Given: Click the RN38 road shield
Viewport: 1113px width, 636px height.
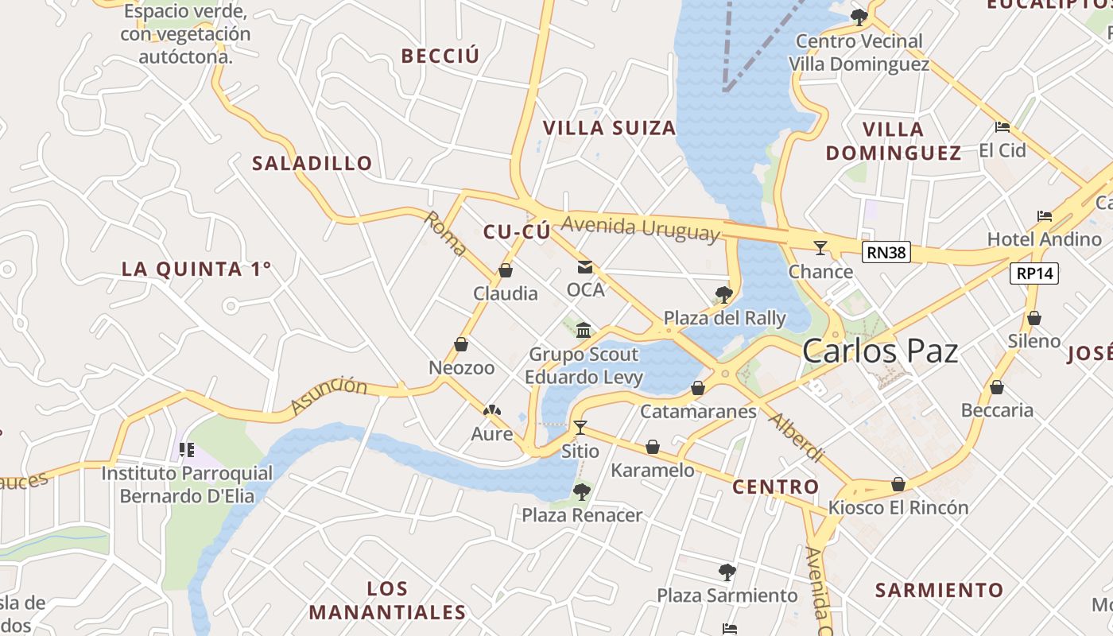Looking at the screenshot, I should (x=886, y=253).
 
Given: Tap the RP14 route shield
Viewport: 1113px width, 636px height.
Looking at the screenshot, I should (x=1034, y=273).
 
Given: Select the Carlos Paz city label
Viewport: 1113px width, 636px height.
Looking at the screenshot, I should (x=880, y=351).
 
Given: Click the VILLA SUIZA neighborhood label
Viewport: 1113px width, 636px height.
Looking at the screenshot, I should (x=609, y=127).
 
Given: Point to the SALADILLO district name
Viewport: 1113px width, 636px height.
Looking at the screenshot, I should (x=312, y=163).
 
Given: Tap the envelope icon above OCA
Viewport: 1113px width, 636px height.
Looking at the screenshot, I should (x=585, y=267).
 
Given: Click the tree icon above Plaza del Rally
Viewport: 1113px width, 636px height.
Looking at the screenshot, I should (x=723, y=295).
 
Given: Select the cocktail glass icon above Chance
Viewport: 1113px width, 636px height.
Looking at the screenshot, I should (x=820, y=248).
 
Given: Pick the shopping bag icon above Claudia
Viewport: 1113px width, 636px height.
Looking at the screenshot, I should (x=505, y=270).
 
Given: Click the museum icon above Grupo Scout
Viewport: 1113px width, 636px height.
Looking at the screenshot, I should (x=584, y=330).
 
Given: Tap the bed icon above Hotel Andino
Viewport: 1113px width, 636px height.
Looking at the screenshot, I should (x=1045, y=215).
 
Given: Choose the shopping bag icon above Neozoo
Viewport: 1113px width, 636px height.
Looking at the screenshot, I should (x=461, y=344).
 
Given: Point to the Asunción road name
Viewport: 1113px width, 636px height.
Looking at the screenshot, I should (x=329, y=395).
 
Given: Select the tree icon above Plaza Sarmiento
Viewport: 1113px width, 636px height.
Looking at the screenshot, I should (x=727, y=572).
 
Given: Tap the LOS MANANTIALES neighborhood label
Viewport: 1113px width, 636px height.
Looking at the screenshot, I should (x=387, y=600).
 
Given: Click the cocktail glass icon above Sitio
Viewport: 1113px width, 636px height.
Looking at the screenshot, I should (x=580, y=428).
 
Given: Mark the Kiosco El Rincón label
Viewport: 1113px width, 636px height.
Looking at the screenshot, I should (x=898, y=507).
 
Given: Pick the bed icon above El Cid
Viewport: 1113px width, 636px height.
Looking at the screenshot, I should (x=1002, y=126).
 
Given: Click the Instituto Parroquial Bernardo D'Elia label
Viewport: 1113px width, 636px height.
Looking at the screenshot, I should (x=187, y=485).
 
